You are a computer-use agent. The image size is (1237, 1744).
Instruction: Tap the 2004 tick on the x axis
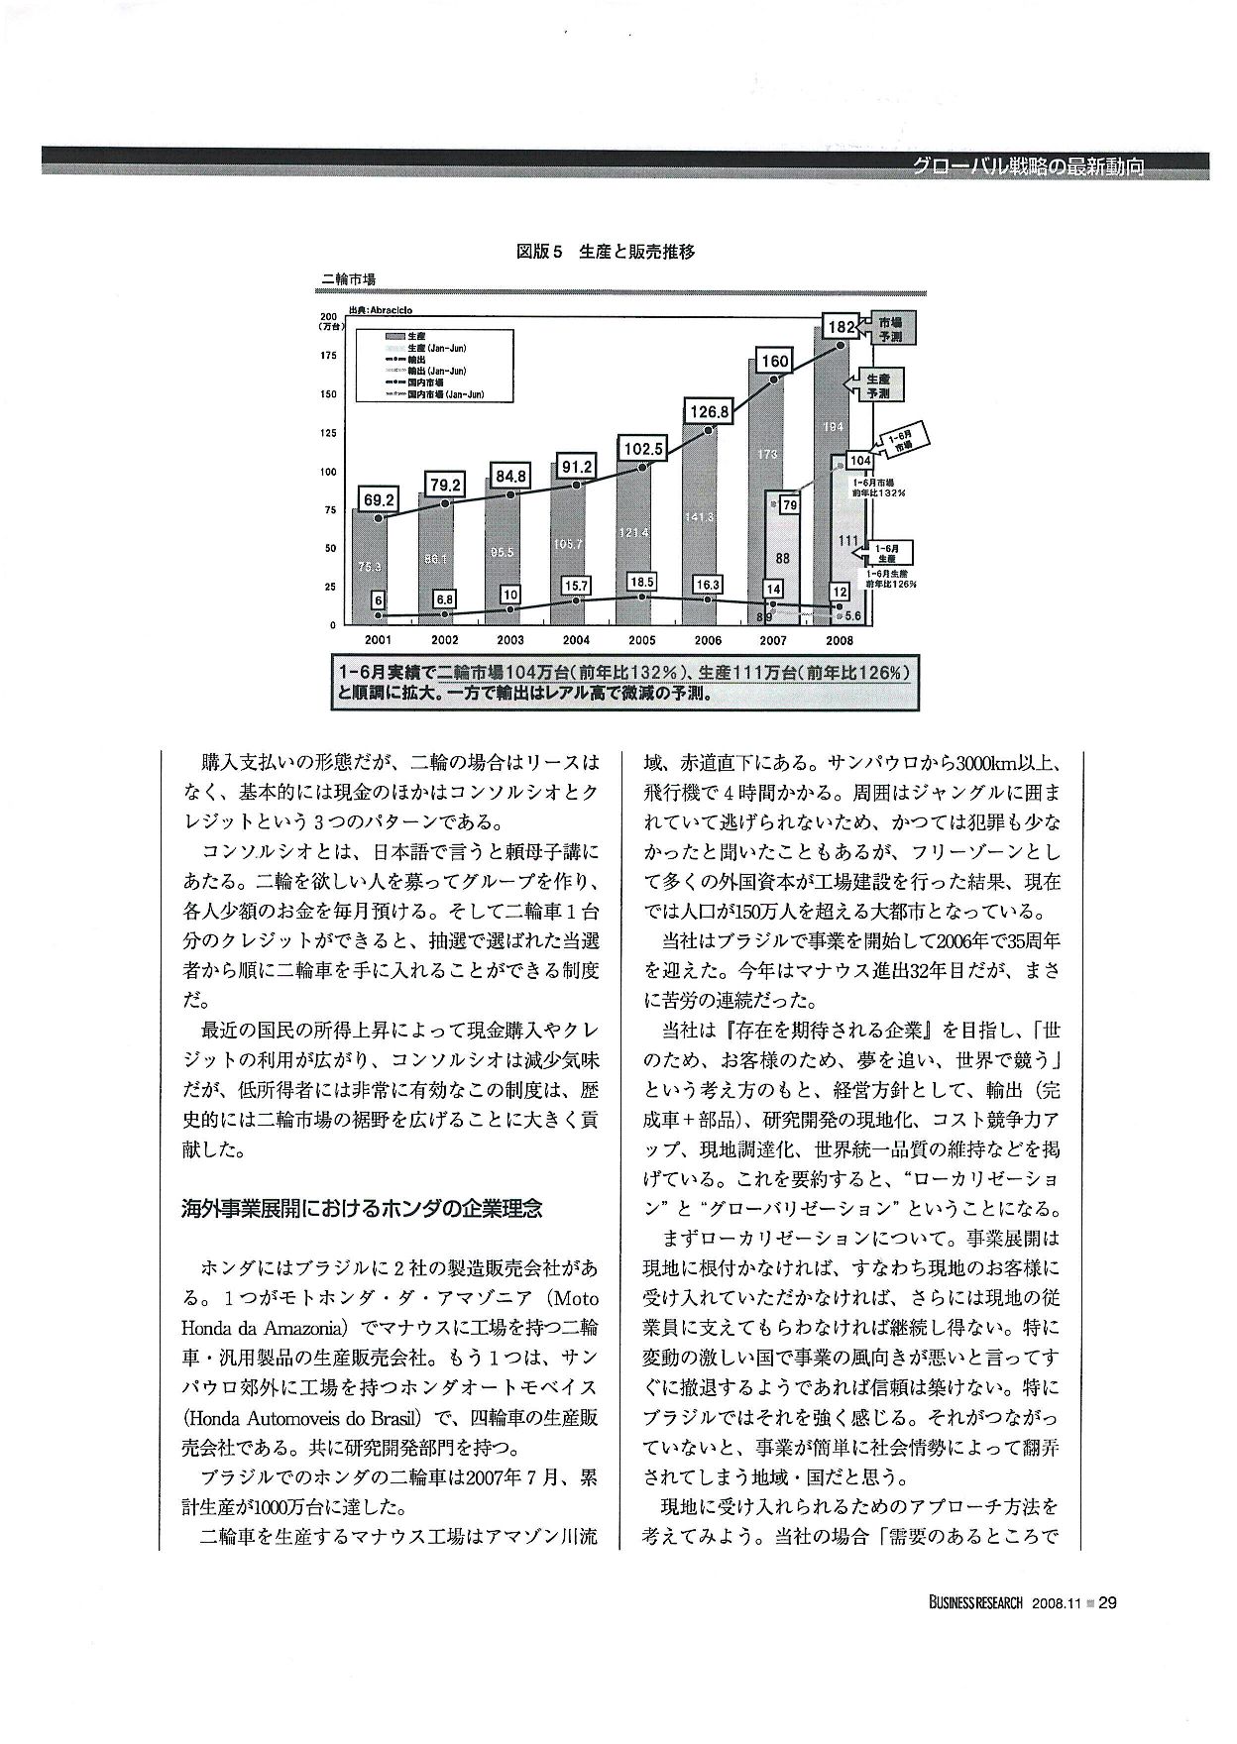click(x=576, y=640)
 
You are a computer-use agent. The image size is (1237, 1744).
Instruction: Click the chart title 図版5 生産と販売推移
click(x=606, y=252)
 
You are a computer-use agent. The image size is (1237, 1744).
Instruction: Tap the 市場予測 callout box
click(x=888, y=329)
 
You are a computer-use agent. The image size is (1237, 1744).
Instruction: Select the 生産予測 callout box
click(x=877, y=385)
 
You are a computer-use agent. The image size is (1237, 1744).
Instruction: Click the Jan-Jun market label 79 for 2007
click(x=789, y=505)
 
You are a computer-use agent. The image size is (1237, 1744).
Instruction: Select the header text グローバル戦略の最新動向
click(x=1028, y=167)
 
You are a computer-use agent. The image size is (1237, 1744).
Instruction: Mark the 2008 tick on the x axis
click(x=839, y=640)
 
